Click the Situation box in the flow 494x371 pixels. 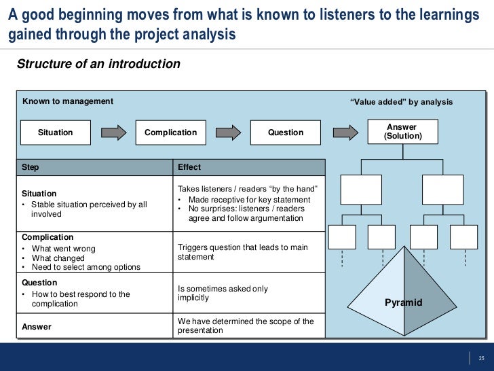pyautogui.click(x=56, y=132)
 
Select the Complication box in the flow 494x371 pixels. pyautogui.click(x=170, y=132)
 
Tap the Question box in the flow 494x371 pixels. pyautogui.click(x=286, y=132)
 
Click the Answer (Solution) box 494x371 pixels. pyautogui.click(x=402, y=132)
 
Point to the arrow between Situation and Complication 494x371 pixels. pyautogui.click(x=113, y=132)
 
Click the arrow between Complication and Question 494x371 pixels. pyautogui.click(x=228, y=132)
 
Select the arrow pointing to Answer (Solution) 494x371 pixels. pyautogui.click(x=344, y=132)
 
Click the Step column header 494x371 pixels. pyautogui.click(x=31, y=167)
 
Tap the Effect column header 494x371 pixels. pyautogui.click(x=189, y=167)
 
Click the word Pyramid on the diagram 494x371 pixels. pyautogui.click(x=404, y=302)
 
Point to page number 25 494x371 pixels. pyautogui.click(x=482, y=359)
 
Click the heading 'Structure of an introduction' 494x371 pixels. pyautogui.click(x=98, y=65)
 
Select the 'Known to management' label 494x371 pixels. pyautogui.click(x=68, y=101)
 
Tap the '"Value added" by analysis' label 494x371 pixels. pyautogui.click(x=400, y=102)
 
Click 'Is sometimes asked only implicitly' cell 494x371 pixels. pyautogui.click(x=223, y=294)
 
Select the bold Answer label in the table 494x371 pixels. pyautogui.click(x=37, y=327)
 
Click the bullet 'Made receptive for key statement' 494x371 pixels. pyautogui.click(x=249, y=200)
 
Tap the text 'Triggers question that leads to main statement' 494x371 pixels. pyautogui.click(x=242, y=252)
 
